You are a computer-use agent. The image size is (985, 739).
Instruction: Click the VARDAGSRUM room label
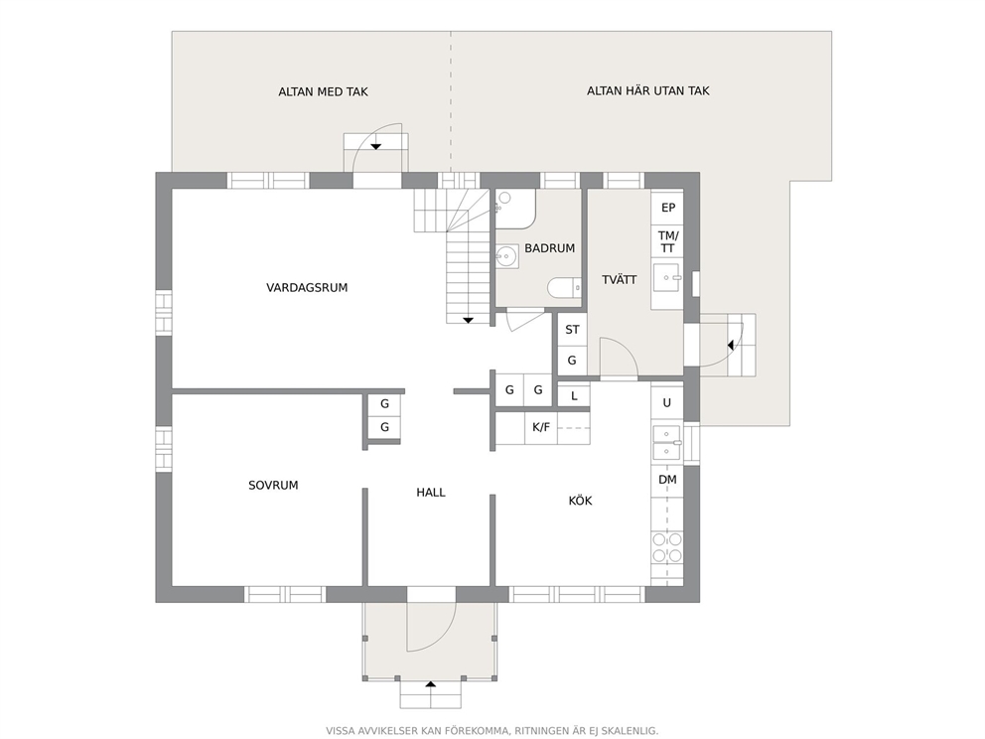pos(307,288)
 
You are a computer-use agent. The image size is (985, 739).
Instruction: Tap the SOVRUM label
pos(273,485)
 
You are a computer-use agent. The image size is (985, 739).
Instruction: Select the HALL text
pos(431,493)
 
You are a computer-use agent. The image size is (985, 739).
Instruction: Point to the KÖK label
pos(581,501)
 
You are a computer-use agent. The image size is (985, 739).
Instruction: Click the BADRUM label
pos(550,248)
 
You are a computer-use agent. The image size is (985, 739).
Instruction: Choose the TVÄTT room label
pos(620,280)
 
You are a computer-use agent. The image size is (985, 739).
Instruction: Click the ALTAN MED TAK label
pos(323,91)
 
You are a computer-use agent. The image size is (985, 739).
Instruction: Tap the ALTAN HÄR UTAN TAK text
pos(648,90)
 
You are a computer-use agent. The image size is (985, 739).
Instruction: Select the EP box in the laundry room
pos(668,208)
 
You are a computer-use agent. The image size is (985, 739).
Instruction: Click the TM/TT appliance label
pos(668,242)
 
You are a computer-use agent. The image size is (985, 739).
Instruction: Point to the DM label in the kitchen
pos(668,480)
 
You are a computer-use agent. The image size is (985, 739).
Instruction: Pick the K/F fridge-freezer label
pos(541,427)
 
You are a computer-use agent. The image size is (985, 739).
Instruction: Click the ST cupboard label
pos(572,330)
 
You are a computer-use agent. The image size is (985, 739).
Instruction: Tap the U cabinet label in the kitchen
pos(667,403)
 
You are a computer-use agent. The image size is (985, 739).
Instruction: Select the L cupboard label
pos(574,396)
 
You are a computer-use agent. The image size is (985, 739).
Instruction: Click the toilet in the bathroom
pos(564,288)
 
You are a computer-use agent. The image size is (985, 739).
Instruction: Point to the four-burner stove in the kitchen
pos(667,547)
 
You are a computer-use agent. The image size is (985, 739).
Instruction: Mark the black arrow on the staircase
pos(468,321)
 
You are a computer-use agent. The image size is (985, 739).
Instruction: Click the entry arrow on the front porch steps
pos(430,683)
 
